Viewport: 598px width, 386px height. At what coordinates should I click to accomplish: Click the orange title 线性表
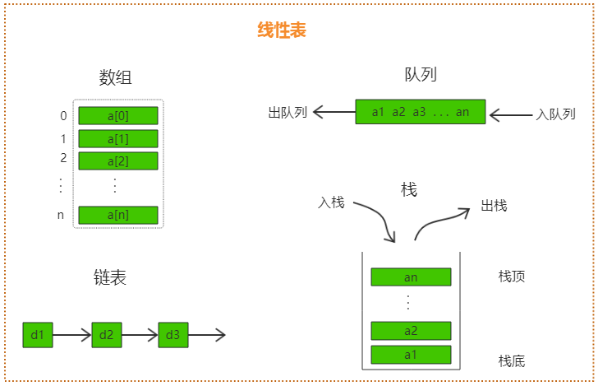tap(282, 31)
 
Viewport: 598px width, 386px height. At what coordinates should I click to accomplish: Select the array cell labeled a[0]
tap(117, 116)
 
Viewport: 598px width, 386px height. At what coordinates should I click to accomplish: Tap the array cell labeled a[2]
tap(117, 160)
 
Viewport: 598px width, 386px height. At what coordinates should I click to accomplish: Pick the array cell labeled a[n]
tap(117, 215)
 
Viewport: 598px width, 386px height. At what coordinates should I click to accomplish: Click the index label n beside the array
tap(61, 215)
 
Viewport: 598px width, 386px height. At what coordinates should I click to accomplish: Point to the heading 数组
tap(116, 78)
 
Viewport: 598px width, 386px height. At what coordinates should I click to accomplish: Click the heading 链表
tap(110, 277)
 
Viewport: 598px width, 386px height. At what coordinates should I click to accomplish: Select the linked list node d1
tap(37, 335)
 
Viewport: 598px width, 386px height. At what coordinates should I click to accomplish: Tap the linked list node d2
tap(105, 335)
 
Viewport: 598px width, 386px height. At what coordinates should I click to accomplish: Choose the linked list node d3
tap(172, 335)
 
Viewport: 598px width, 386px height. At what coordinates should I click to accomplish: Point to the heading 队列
tap(421, 75)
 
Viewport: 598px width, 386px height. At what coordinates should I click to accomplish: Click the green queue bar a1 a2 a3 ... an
tap(421, 112)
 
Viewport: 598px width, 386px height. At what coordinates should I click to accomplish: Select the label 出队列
tap(287, 112)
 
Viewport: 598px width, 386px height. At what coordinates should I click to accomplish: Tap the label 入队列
tap(555, 114)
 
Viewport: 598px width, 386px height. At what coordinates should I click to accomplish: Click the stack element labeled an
tap(411, 277)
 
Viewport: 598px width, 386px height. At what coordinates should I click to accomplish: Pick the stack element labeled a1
tap(411, 355)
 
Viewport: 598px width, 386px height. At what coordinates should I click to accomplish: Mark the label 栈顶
tap(511, 277)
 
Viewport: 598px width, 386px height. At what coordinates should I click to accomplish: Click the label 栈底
tap(511, 360)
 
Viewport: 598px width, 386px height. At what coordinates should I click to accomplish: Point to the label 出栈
tap(494, 205)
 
